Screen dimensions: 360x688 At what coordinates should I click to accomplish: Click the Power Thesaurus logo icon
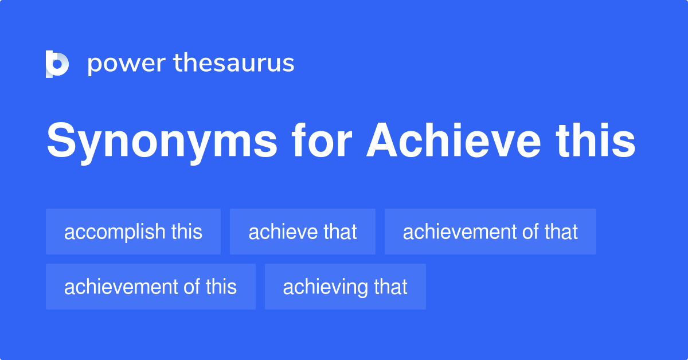(x=57, y=64)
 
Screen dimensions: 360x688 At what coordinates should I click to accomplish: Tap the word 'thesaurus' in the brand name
(x=234, y=64)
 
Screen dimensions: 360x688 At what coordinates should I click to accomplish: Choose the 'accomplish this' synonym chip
(x=133, y=232)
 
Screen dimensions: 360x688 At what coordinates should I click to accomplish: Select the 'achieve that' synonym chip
(x=303, y=232)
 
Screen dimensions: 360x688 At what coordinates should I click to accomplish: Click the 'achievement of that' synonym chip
(x=490, y=232)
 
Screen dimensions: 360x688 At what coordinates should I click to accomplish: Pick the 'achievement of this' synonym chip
(x=150, y=287)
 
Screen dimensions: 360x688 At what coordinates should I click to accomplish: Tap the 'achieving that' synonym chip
(x=345, y=287)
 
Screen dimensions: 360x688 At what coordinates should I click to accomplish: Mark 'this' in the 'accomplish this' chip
(x=186, y=232)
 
